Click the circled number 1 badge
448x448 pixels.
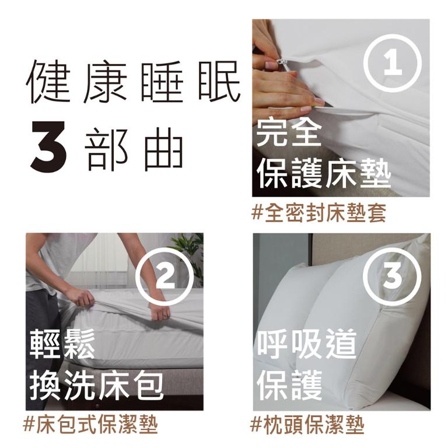pos(393,63)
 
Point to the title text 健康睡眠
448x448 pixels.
pos(133,83)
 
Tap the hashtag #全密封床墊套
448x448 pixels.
pos(319,213)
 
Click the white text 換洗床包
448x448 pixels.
pos(96,384)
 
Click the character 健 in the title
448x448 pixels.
pos(49,83)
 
